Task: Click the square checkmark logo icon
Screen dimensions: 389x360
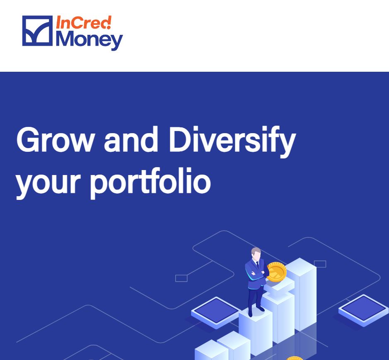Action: click(37, 31)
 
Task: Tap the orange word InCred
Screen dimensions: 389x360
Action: click(84, 22)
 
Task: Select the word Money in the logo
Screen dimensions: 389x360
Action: click(89, 41)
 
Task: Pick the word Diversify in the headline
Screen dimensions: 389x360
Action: click(232, 141)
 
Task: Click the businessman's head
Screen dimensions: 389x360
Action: click(256, 254)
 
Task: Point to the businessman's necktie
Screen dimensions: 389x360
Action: click(257, 265)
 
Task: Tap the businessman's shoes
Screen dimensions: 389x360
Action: click(256, 311)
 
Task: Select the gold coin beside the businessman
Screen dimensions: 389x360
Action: click(277, 272)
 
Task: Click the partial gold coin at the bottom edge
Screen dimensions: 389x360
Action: click(295, 358)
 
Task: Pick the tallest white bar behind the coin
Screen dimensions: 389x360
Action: click(301, 294)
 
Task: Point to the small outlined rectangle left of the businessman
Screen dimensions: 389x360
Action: click(181, 278)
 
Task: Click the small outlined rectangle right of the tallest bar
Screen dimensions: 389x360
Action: click(320, 264)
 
